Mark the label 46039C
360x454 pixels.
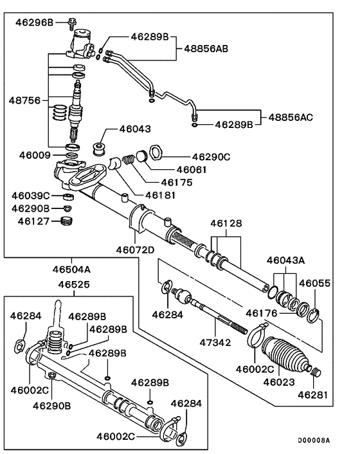[x=33, y=195]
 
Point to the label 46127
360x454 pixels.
[x=31, y=221]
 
